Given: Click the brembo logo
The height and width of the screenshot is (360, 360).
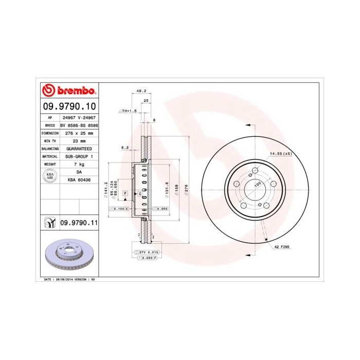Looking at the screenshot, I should pyautogui.click(x=68, y=91).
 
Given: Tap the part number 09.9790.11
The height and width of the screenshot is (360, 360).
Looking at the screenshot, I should pyautogui.click(x=79, y=222).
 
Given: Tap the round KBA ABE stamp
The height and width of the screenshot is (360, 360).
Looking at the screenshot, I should pyautogui.click(x=50, y=176).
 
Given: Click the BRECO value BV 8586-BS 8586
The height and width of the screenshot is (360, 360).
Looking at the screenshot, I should pyautogui.click(x=79, y=125).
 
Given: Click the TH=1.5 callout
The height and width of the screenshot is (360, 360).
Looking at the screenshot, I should pyautogui.click(x=128, y=111).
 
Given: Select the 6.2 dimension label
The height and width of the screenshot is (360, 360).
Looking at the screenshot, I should pyautogui.click(x=124, y=148).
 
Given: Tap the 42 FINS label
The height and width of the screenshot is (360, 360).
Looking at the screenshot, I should pyautogui.click(x=281, y=247).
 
